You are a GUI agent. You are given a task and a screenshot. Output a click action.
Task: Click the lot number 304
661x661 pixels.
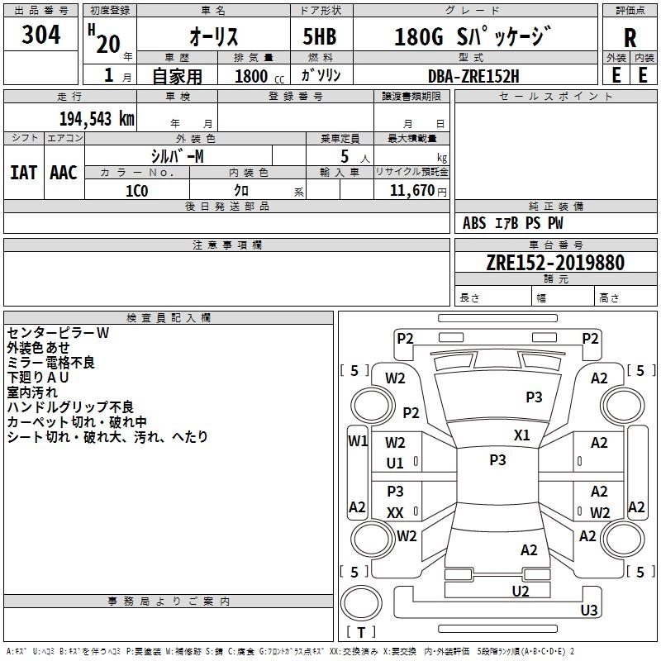pyautogui.click(x=40, y=35)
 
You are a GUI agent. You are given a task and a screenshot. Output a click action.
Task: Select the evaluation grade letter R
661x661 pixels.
pyautogui.click(x=630, y=38)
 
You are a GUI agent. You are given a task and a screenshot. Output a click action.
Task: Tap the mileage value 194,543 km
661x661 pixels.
pyautogui.click(x=97, y=119)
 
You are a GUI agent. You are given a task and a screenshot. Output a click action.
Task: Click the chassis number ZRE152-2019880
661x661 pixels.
pyautogui.click(x=555, y=263)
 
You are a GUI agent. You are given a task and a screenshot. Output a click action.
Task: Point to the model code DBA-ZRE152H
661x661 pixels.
pyautogui.click(x=473, y=76)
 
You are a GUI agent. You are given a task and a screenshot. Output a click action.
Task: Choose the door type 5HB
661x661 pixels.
pyautogui.click(x=320, y=36)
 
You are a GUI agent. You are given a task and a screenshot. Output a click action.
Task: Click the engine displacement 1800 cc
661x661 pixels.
pyautogui.click(x=259, y=76)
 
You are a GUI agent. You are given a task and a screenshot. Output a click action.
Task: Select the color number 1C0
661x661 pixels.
pyautogui.click(x=136, y=191)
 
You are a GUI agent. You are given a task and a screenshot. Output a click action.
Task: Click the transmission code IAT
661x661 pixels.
pyautogui.click(x=23, y=173)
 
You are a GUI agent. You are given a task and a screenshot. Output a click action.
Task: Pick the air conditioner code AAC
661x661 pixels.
pyautogui.click(x=64, y=173)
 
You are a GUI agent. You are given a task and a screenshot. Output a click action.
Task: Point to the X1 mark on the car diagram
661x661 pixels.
pyautogui.click(x=522, y=435)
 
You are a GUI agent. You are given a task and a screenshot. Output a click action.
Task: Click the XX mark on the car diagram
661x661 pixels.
pyautogui.click(x=395, y=512)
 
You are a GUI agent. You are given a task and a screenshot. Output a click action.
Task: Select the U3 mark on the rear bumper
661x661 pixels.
pyautogui.click(x=589, y=610)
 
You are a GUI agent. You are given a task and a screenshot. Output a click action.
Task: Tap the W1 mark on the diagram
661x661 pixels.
pyautogui.click(x=358, y=441)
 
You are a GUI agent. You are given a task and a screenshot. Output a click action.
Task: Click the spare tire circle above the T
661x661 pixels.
pyautogui.click(x=361, y=603)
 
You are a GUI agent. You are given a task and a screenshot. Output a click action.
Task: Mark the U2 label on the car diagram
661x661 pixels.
pyautogui.click(x=521, y=592)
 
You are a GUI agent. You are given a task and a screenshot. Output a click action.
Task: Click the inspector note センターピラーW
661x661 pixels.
pyautogui.click(x=58, y=333)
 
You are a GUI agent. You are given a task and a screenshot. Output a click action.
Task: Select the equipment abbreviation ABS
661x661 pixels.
pyautogui.click(x=474, y=223)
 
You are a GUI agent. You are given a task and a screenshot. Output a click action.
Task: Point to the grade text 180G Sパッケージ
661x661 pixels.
pyautogui.click(x=473, y=36)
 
